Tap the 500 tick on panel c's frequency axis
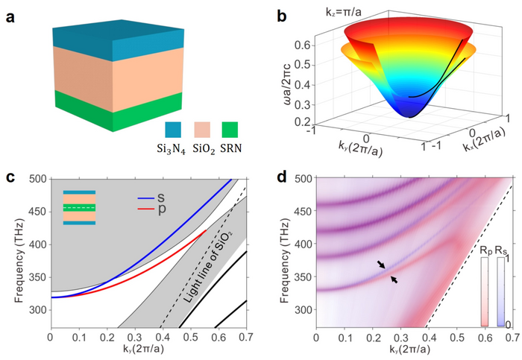(37, 180)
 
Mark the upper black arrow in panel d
(382, 265)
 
